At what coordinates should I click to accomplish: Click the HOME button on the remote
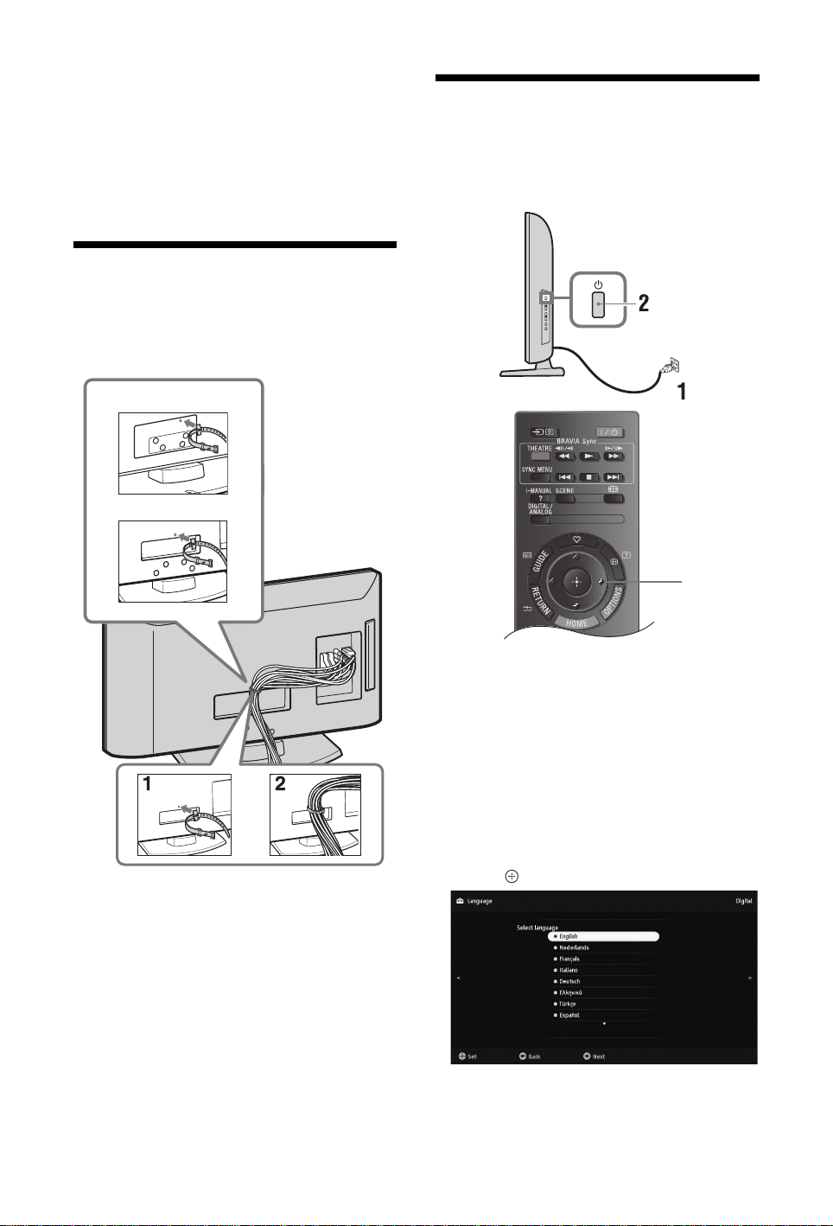[576, 622]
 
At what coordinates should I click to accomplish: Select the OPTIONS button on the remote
[614, 598]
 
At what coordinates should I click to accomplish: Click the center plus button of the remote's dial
[576, 581]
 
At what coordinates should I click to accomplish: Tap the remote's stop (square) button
[589, 476]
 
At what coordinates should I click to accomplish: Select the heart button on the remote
[576, 540]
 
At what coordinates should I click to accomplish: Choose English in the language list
[603, 936]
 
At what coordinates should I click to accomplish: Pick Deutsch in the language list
[569, 981]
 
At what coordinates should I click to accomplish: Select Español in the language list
[569, 1015]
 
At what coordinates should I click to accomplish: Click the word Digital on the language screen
[743, 901]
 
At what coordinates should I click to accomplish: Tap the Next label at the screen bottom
[598, 1057]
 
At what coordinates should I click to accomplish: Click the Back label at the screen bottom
[534, 1057]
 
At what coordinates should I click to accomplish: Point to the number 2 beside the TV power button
[643, 303]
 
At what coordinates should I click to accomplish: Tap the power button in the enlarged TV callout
[597, 304]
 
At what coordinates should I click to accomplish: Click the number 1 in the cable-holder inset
[148, 785]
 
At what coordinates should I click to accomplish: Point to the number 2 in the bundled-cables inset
[280, 785]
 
